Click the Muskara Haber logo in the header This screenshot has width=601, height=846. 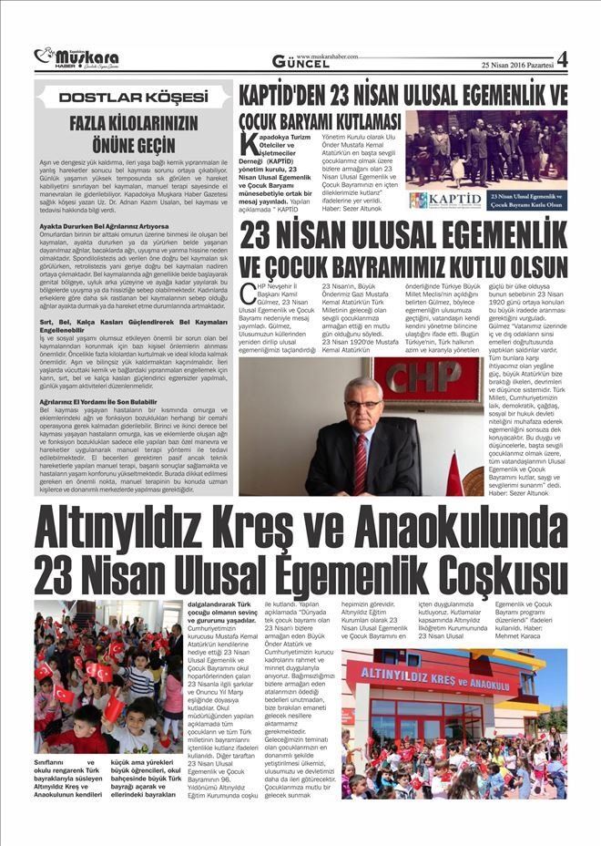76,59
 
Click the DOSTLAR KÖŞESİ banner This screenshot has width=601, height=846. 132,97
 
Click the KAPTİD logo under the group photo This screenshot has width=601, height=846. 446,200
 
